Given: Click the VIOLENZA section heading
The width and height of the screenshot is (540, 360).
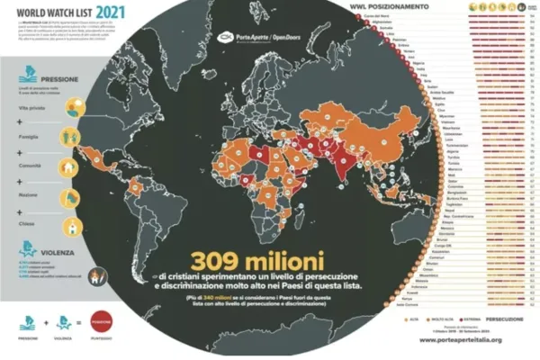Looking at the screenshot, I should [55, 244].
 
